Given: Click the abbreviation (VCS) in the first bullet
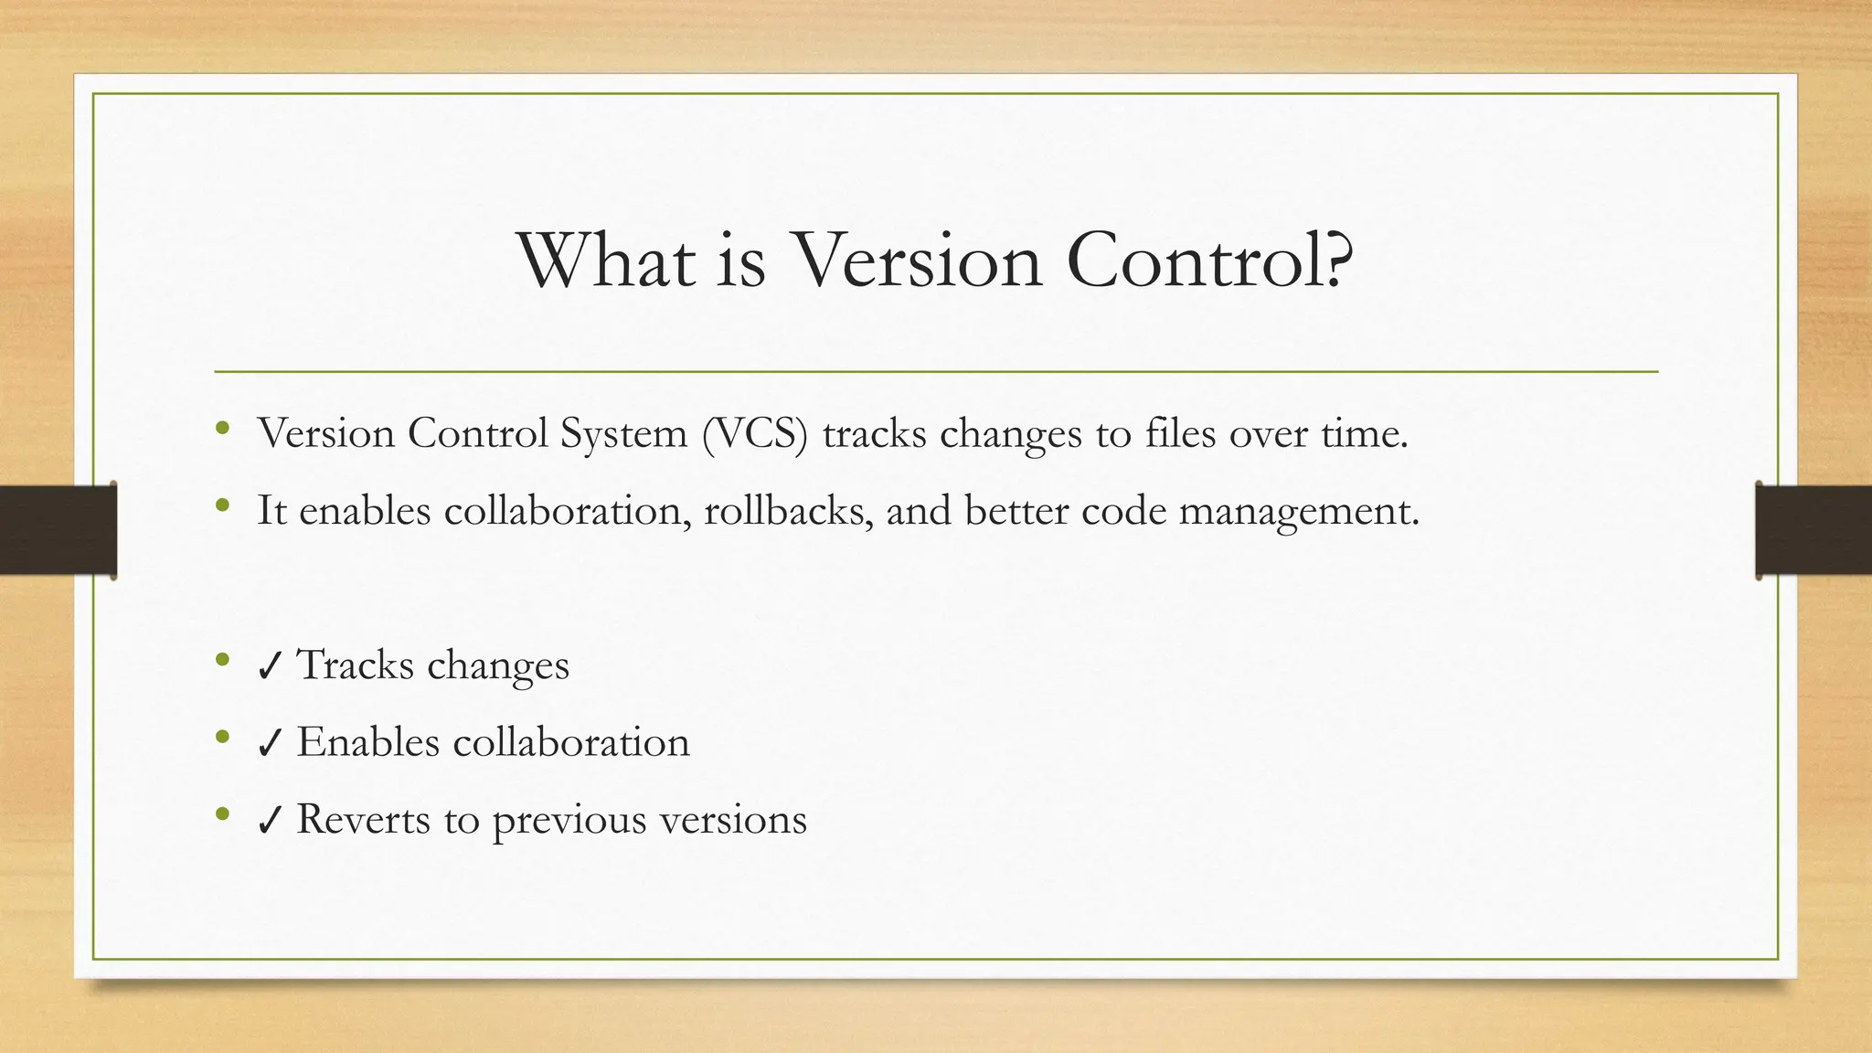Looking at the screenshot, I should pyautogui.click(x=755, y=433).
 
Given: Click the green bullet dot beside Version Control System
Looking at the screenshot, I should pyautogui.click(x=222, y=428).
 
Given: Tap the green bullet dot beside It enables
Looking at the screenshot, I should pyautogui.click(x=222, y=505).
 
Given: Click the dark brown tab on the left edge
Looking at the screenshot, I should pyautogui.click(x=58, y=530).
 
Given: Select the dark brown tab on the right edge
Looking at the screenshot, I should pyautogui.click(x=1813, y=530).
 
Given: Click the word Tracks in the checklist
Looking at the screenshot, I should pyautogui.click(x=356, y=665).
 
